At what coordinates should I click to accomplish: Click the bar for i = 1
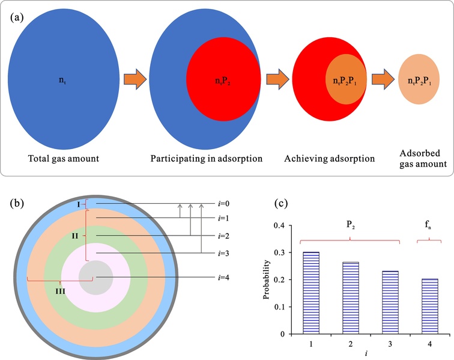(x=311, y=293)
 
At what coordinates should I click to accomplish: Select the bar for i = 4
(x=430, y=307)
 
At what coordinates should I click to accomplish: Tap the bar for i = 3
(x=390, y=303)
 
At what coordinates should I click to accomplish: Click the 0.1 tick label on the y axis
(x=279, y=307)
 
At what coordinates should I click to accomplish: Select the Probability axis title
(x=267, y=279)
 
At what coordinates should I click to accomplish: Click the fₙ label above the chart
(x=428, y=224)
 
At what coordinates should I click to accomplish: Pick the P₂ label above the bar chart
(x=351, y=224)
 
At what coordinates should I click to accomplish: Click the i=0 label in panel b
(x=223, y=204)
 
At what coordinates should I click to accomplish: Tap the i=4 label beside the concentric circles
(x=223, y=278)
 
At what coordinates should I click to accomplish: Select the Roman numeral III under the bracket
(x=60, y=291)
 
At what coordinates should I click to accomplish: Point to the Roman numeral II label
(x=75, y=236)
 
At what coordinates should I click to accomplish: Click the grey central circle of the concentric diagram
(x=96, y=278)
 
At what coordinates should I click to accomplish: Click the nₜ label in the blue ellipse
(x=62, y=80)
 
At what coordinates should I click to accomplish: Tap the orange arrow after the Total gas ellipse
(x=135, y=79)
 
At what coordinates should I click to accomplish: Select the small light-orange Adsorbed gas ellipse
(x=419, y=79)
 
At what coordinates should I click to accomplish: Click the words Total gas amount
(x=64, y=159)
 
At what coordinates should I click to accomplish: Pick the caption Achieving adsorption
(x=330, y=159)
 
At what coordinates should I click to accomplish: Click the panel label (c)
(x=281, y=204)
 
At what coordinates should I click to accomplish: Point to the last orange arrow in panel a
(x=383, y=79)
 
